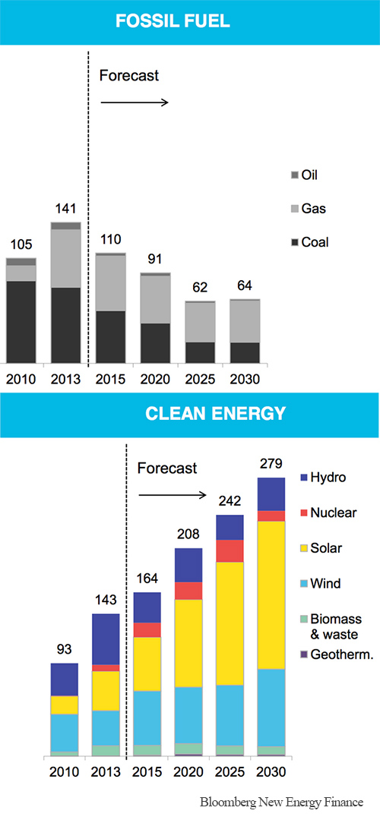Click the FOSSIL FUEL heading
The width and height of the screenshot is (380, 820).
189,21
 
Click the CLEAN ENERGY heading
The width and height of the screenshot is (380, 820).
189,414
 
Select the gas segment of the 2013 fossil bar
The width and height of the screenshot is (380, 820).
65,258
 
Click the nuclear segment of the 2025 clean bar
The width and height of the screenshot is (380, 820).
230,550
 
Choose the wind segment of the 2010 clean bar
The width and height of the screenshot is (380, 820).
65,732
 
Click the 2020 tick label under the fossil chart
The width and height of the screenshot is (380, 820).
156,380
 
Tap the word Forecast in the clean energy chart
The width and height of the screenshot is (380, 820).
166,468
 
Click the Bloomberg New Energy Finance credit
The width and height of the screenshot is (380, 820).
282,803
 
